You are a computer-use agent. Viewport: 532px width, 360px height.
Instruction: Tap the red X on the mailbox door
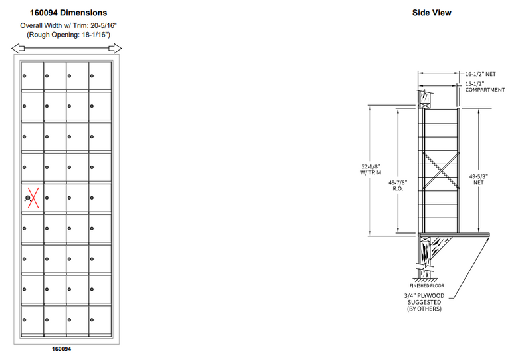point(31,198)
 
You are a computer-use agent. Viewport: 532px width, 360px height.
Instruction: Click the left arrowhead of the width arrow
point(16,48)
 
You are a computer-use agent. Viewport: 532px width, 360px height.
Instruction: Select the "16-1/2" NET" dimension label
point(481,74)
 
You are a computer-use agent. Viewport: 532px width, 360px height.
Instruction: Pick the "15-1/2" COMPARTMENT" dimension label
point(485,86)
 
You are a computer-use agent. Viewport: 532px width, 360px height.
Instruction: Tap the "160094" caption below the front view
point(62,349)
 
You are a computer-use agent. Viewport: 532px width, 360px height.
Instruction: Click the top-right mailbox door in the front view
point(100,75)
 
